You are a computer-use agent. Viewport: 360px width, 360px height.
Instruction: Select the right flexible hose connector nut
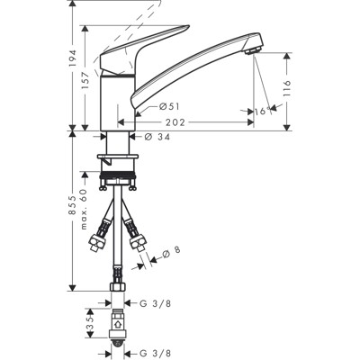point(138,240)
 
